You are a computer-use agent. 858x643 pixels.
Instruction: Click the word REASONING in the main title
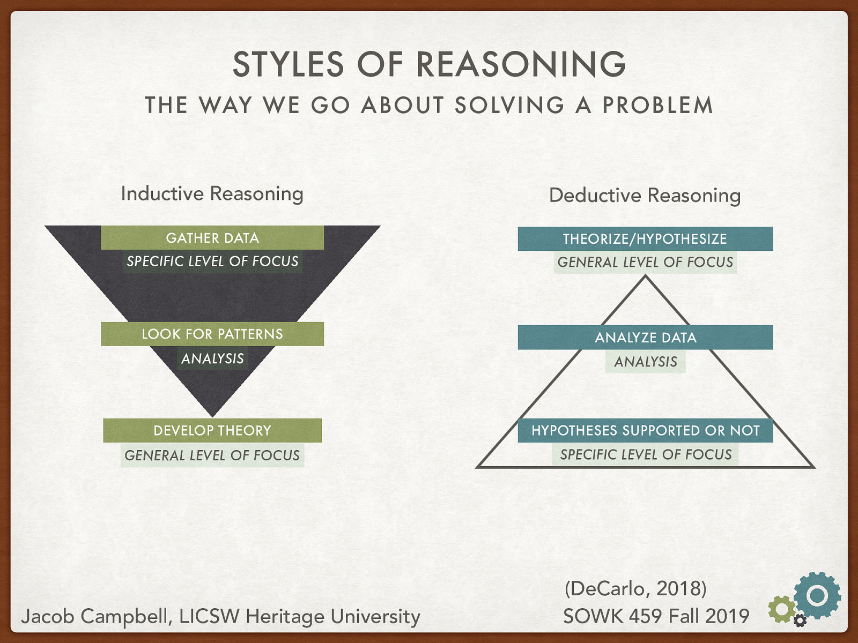point(521,64)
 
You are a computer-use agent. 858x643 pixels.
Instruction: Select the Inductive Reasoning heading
point(212,193)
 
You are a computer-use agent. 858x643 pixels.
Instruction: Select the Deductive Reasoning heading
point(645,195)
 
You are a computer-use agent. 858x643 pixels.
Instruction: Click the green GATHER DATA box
point(212,238)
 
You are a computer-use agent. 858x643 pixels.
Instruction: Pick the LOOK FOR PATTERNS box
point(212,334)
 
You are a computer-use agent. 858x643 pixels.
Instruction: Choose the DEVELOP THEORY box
point(212,430)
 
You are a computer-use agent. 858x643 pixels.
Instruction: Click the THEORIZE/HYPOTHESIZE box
point(645,239)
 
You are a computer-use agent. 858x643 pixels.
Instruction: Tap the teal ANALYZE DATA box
point(645,338)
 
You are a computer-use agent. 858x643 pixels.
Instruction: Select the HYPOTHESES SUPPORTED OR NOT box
point(645,430)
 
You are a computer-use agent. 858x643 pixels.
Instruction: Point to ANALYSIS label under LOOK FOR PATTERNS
point(212,358)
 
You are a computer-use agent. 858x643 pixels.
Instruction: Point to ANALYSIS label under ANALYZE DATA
point(646,362)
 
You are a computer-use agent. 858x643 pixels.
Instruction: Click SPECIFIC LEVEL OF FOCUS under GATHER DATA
point(212,261)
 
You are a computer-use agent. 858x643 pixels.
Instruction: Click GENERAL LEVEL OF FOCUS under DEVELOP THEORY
point(212,455)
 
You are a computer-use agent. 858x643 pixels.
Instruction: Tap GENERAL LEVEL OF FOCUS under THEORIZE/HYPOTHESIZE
point(645,263)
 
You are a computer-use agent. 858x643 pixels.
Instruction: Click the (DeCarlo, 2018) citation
point(635,588)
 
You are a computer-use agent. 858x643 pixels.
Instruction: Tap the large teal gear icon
point(817,595)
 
